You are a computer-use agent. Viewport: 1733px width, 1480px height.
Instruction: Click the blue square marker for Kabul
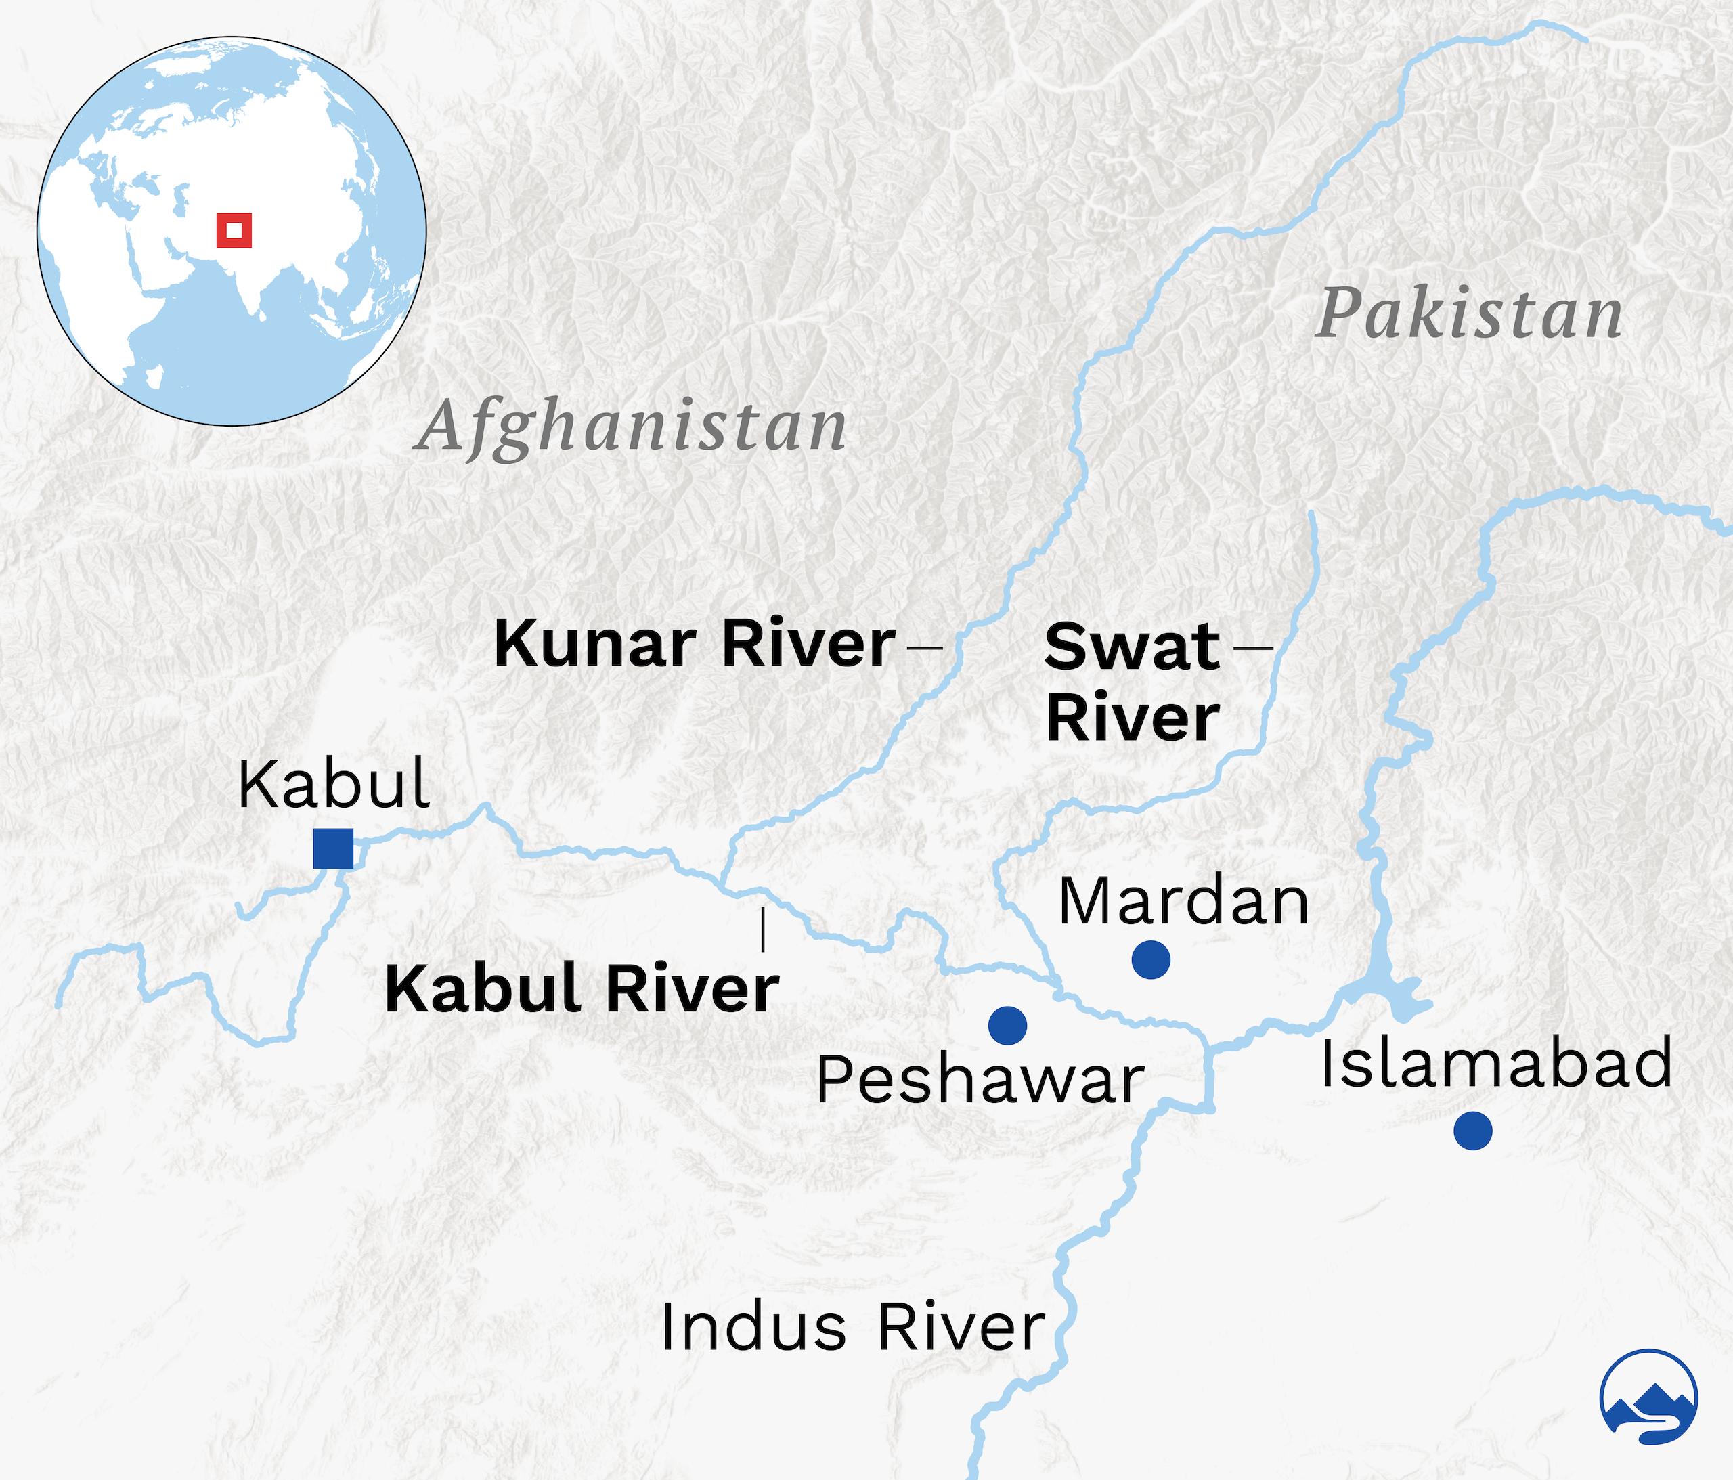(333, 848)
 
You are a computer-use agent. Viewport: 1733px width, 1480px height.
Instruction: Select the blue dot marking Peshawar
(1007, 1025)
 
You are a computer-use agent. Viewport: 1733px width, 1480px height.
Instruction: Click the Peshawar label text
(980, 1080)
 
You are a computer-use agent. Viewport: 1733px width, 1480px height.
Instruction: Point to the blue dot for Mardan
(1150, 959)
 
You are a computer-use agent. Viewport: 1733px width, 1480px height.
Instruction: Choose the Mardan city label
(1183, 901)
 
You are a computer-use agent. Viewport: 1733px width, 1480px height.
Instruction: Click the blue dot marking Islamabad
(1472, 1130)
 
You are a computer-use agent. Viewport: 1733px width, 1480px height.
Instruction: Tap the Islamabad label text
(1496, 1062)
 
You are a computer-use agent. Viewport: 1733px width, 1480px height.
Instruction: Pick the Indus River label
(852, 1327)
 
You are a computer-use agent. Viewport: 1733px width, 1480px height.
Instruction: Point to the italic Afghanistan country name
(632, 427)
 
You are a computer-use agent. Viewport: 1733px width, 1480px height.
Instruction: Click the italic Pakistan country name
(1468, 315)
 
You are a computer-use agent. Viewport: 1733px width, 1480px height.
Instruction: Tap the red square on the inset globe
(234, 230)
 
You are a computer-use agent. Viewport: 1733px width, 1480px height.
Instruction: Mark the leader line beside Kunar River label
(924, 646)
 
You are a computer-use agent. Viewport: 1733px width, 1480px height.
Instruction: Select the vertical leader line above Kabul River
(763, 930)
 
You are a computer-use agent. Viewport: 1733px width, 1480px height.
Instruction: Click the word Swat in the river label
(1132, 647)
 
